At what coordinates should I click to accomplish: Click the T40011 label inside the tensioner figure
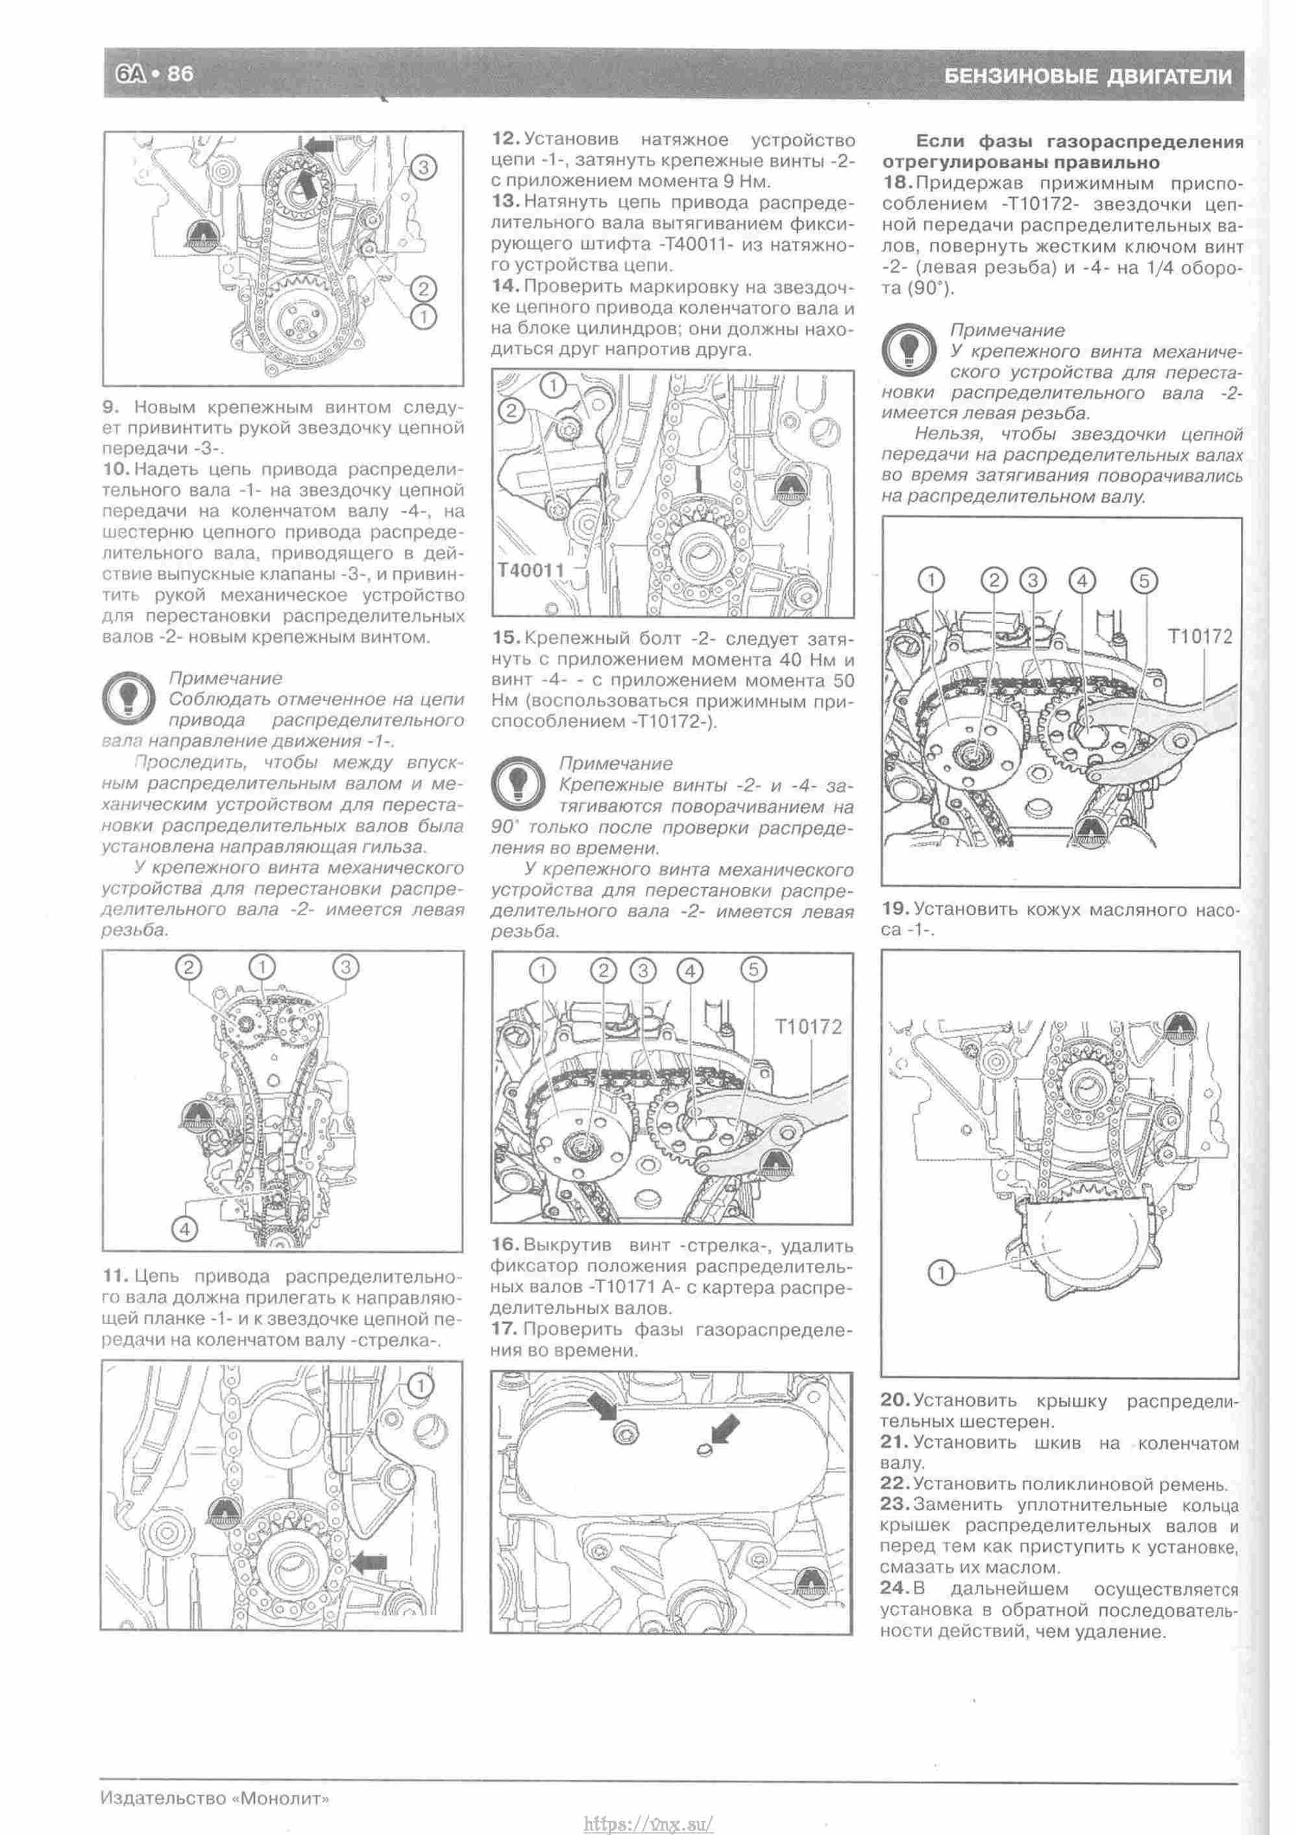pyautogui.click(x=531, y=570)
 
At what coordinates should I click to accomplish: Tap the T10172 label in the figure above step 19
pyautogui.click(x=1201, y=636)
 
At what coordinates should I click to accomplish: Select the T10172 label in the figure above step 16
pyautogui.click(x=809, y=1027)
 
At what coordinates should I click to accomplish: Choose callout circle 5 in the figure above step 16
pyautogui.click(x=753, y=970)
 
